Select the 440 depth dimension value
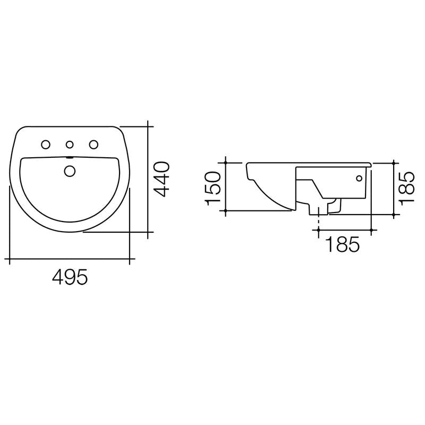pos(163,178)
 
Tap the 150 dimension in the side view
pos(212,188)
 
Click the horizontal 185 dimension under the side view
pos(342,245)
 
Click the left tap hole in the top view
pos(46,144)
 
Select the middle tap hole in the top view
pos(70,144)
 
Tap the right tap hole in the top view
pos(94,144)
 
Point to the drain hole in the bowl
pos(70,171)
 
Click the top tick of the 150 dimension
pos(226,161)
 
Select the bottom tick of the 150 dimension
pos(226,211)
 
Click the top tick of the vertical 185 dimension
pos(394,161)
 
